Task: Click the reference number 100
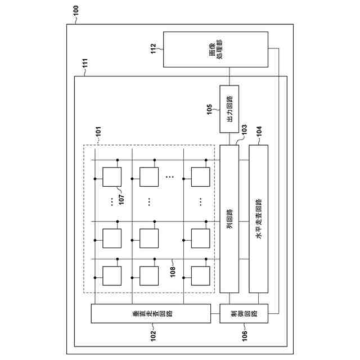(76, 10)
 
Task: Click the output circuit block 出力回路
(229, 109)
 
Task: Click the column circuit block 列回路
(229, 219)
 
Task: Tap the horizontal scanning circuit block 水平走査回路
(258, 219)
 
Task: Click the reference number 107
(121, 197)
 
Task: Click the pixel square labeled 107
(112, 178)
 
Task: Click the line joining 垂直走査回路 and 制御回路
(213, 313)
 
